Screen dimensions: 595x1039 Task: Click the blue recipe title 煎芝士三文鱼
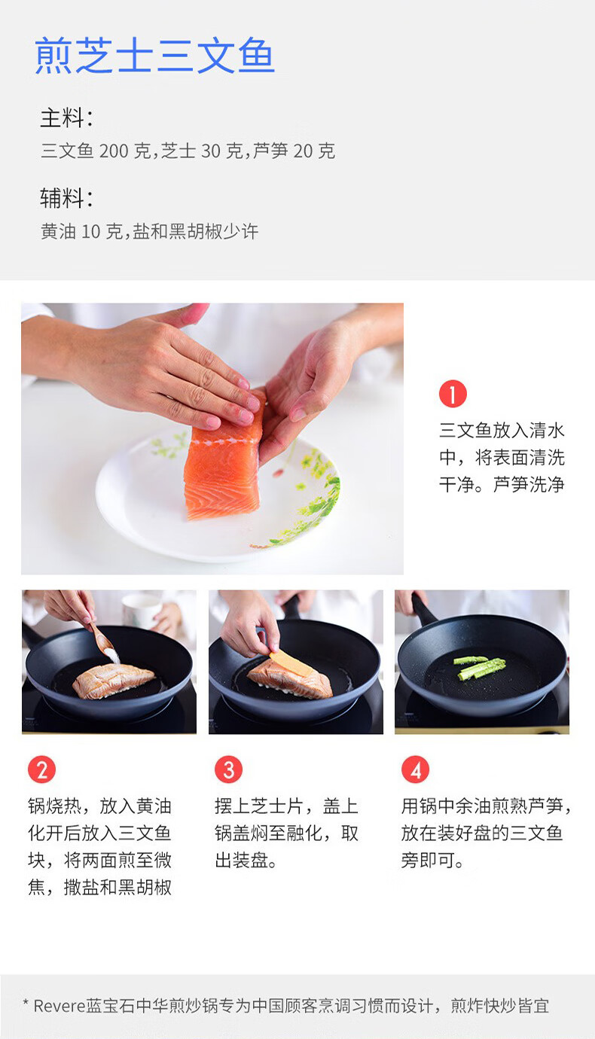154,56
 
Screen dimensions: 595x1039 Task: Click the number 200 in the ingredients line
114,151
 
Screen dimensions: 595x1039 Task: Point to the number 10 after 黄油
90,231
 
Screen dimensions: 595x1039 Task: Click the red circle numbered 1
453,394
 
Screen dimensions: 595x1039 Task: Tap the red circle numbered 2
41,769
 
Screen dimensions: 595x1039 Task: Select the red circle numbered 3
228,769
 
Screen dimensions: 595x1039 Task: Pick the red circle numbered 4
416,769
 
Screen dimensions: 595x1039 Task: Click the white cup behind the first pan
142,611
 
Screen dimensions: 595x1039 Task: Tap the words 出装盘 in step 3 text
241,861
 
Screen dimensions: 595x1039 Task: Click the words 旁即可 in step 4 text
428,861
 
